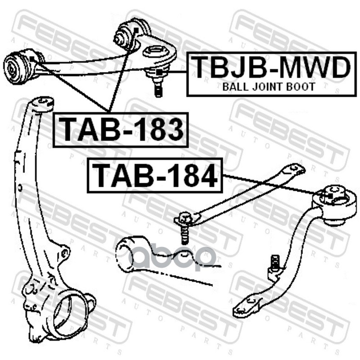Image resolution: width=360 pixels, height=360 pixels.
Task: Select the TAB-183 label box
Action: pyautogui.click(x=121, y=129)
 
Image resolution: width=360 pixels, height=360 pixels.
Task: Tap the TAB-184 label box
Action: pyautogui.click(x=155, y=175)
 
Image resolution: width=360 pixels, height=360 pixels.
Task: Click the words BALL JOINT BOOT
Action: pyautogui.click(x=269, y=86)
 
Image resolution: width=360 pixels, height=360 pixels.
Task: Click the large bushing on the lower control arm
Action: pyautogui.click(x=335, y=205)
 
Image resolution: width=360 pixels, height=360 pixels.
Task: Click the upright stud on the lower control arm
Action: pyautogui.click(x=275, y=263)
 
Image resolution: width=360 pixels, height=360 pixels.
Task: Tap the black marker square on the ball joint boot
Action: pyautogui.click(x=160, y=72)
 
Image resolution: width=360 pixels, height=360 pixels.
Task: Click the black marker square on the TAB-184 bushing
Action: pyautogui.click(x=330, y=197)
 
